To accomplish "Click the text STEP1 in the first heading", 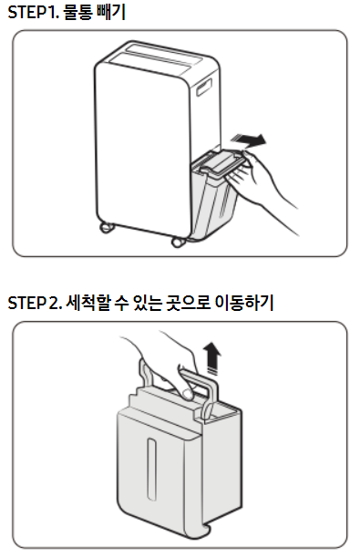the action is tap(33, 13).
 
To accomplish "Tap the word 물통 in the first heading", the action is tap(77, 12).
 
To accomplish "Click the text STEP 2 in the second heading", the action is tap(35, 304).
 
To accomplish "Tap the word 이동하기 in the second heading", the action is tap(244, 303).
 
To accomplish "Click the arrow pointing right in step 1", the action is tap(248, 139).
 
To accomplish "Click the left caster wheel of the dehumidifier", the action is tap(106, 227).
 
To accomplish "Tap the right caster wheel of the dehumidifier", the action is tap(179, 242).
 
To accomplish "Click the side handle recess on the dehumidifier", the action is tap(204, 87).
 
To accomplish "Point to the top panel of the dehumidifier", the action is tap(159, 58).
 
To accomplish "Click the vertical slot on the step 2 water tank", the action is tap(152, 469).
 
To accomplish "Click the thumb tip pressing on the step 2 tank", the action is tap(187, 394).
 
